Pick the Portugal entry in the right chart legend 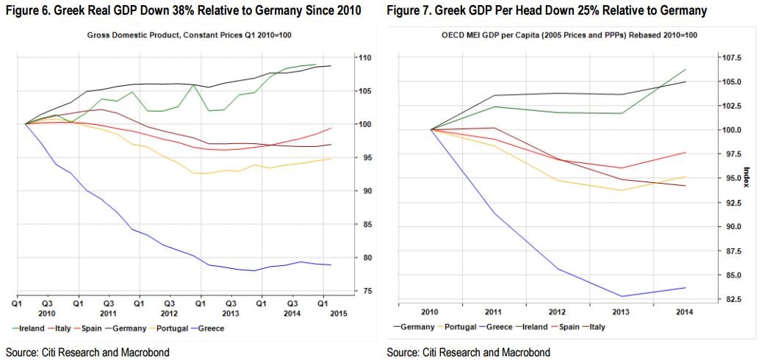[x=458, y=326]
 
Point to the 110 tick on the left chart [x=363, y=58]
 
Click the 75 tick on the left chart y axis [x=361, y=292]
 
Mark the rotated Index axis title [x=746, y=176]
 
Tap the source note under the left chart [x=87, y=353]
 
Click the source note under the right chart [x=468, y=353]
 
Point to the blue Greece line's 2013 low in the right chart [x=622, y=296]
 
